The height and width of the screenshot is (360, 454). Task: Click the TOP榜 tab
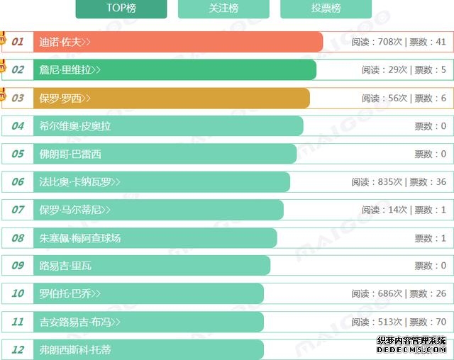(x=121, y=8)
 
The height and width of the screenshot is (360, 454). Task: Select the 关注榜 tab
(x=223, y=8)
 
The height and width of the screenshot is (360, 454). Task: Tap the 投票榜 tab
(x=326, y=8)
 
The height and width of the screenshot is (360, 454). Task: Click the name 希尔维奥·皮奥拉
(x=75, y=126)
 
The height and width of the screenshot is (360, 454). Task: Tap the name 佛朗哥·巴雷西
(x=70, y=154)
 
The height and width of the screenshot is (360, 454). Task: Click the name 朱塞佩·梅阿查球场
(x=80, y=238)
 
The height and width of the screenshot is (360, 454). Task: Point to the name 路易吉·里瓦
(x=65, y=266)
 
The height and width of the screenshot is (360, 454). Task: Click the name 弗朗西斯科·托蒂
(x=75, y=349)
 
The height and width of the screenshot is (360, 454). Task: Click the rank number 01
(x=18, y=42)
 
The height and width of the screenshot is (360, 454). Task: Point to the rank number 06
(x=18, y=182)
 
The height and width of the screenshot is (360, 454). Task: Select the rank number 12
(x=18, y=349)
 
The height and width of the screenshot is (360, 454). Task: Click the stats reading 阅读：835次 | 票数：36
(x=399, y=182)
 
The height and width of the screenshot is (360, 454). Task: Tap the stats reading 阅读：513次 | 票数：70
(x=399, y=322)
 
